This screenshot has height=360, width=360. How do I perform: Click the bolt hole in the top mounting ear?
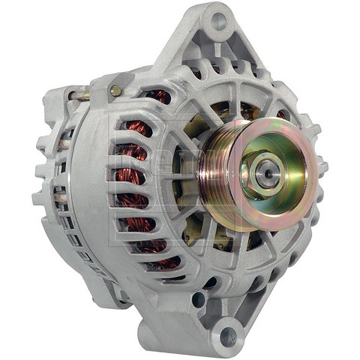(x=218, y=22)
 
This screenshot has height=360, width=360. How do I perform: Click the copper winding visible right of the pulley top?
(x=283, y=115)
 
